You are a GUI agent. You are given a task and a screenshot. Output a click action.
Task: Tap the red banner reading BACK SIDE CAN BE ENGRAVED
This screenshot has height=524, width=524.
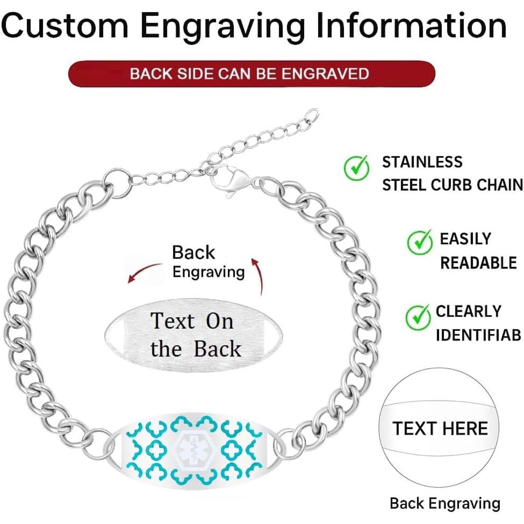pyautogui.click(x=252, y=74)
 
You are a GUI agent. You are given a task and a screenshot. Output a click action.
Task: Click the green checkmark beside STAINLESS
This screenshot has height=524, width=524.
pyautogui.click(x=357, y=167)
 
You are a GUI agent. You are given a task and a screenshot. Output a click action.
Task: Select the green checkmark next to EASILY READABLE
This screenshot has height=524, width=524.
pyautogui.click(x=420, y=242)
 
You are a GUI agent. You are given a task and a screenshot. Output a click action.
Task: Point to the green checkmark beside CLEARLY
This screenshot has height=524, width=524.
pyautogui.click(x=418, y=317)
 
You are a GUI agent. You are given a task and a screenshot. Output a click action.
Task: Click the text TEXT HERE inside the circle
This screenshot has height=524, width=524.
pyautogui.click(x=440, y=428)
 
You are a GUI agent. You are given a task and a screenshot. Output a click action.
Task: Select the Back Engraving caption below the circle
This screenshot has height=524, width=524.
pyautogui.click(x=445, y=503)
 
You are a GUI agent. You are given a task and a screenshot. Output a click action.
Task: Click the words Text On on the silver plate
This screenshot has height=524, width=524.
pyautogui.click(x=192, y=321)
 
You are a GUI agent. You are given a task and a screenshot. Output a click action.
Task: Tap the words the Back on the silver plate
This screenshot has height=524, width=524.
pyautogui.click(x=196, y=349)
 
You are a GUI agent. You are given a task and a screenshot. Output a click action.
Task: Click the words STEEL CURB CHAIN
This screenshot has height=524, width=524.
pyautogui.click(x=452, y=185)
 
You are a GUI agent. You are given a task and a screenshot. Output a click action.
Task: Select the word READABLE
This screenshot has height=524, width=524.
pyautogui.click(x=478, y=263)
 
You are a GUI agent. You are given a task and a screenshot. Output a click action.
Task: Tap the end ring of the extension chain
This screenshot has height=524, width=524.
pyautogui.click(x=311, y=115)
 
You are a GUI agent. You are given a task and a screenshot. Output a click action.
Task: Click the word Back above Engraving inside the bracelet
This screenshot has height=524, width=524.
pyautogui.click(x=194, y=252)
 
